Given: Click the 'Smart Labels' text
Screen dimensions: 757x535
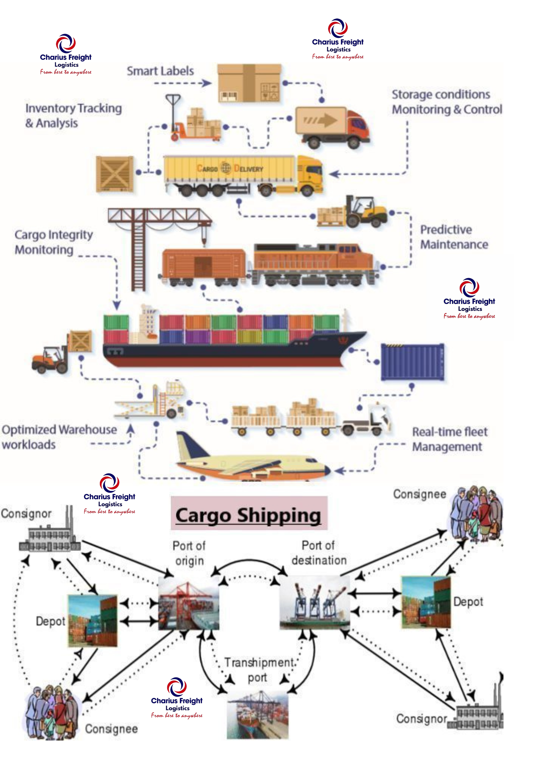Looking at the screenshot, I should [x=160, y=71].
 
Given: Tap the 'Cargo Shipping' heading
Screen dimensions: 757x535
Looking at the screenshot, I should [x=248, y=515].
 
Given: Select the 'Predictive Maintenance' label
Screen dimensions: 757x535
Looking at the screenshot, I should [x=454, y=237].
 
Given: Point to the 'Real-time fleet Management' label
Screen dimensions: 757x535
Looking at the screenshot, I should [x=449, y=439].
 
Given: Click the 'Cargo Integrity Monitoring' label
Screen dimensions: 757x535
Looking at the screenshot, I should [x=53, y=242].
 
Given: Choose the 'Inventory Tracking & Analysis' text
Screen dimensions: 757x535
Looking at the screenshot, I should [x=73, y=115].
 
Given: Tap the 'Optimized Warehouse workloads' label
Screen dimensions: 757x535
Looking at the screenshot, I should [x=59, y=437].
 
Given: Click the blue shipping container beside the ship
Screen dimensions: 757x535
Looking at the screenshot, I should [x=412, y=361].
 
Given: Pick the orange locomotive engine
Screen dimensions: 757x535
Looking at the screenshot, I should [x=314, y=263].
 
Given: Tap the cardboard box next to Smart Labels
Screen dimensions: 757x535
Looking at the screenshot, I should [x=249, y=83].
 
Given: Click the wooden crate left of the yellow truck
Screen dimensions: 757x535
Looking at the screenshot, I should [x=114, y=174].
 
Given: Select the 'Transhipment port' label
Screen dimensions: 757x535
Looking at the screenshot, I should [x=259, y=670].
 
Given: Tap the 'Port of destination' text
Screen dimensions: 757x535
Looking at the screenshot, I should [x=319, y=553].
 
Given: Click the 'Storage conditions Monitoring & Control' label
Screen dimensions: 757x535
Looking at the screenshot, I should [x=446, y=102].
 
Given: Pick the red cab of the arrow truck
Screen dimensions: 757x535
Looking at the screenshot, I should [x=357, y=125].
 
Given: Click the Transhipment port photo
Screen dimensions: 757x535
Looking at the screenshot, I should [x=258, y=714].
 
